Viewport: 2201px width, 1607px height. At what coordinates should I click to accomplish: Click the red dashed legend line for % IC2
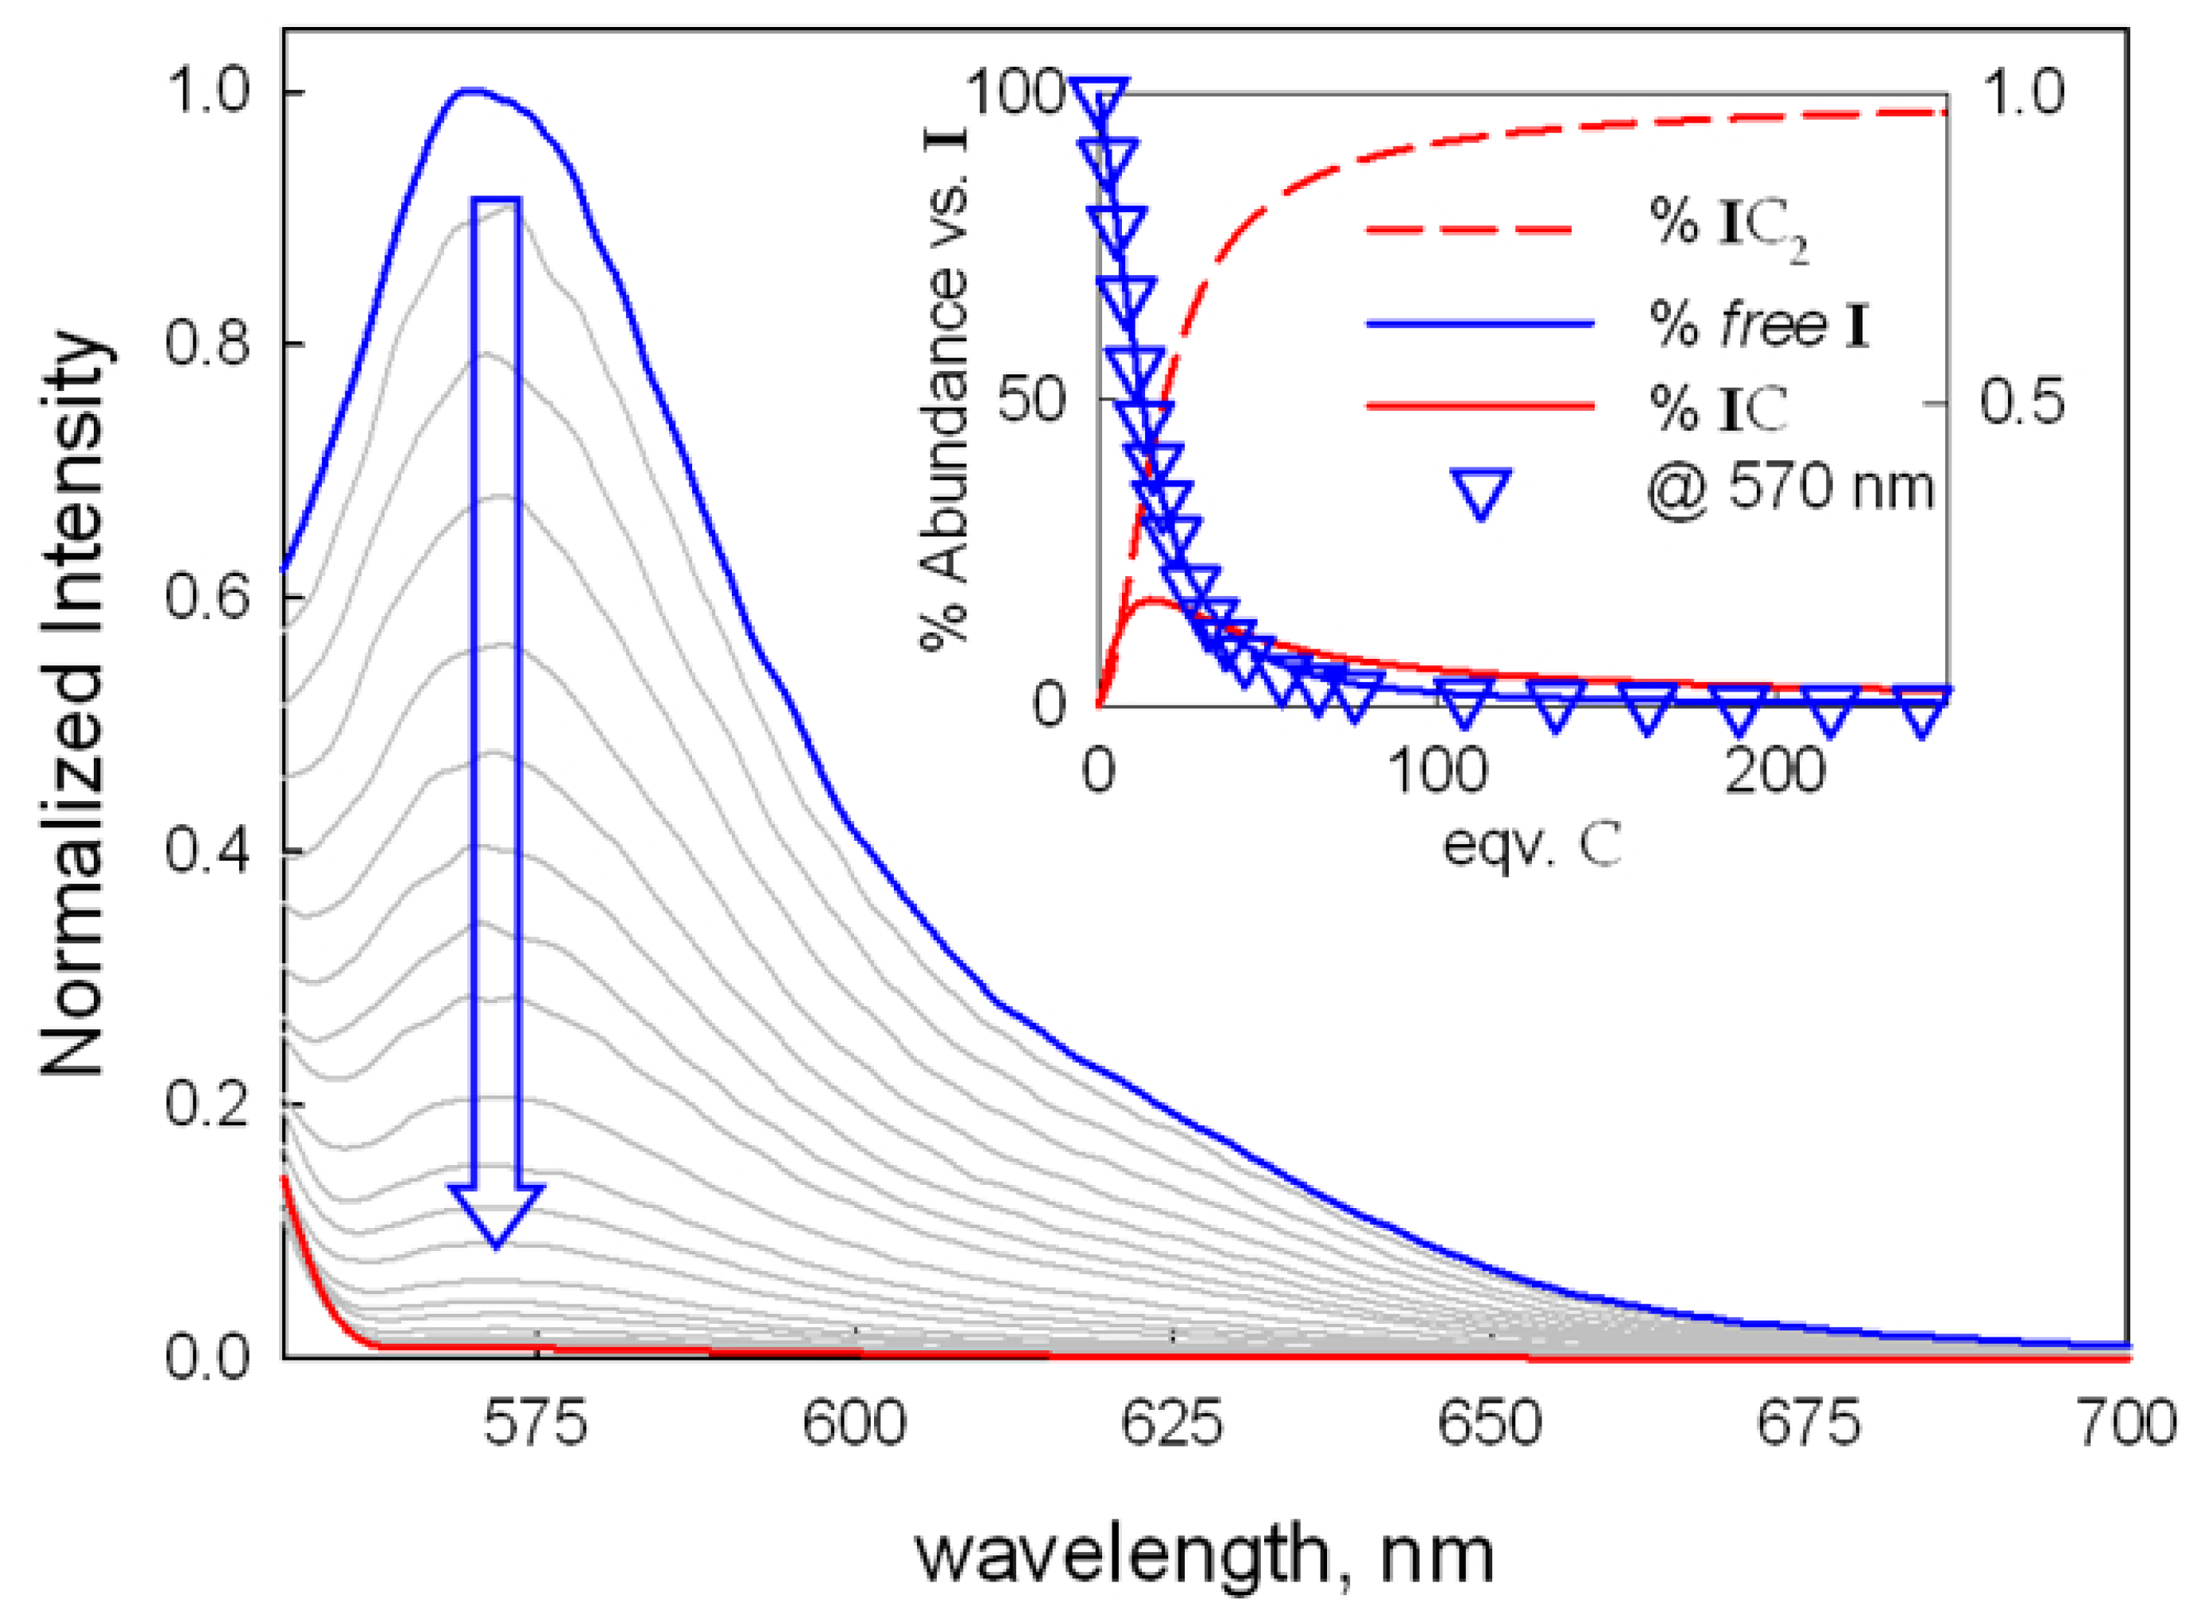[1468, 230]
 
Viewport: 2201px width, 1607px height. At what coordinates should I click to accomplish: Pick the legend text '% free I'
[1758, 325]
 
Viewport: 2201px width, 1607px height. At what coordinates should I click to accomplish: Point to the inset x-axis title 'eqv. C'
[1531, 844]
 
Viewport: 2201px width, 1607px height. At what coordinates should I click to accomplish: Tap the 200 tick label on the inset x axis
[1773, 772]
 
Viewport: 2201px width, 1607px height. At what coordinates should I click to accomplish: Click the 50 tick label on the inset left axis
[1033, 400]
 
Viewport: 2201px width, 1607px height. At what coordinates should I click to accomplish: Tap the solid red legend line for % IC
[1479, 405]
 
